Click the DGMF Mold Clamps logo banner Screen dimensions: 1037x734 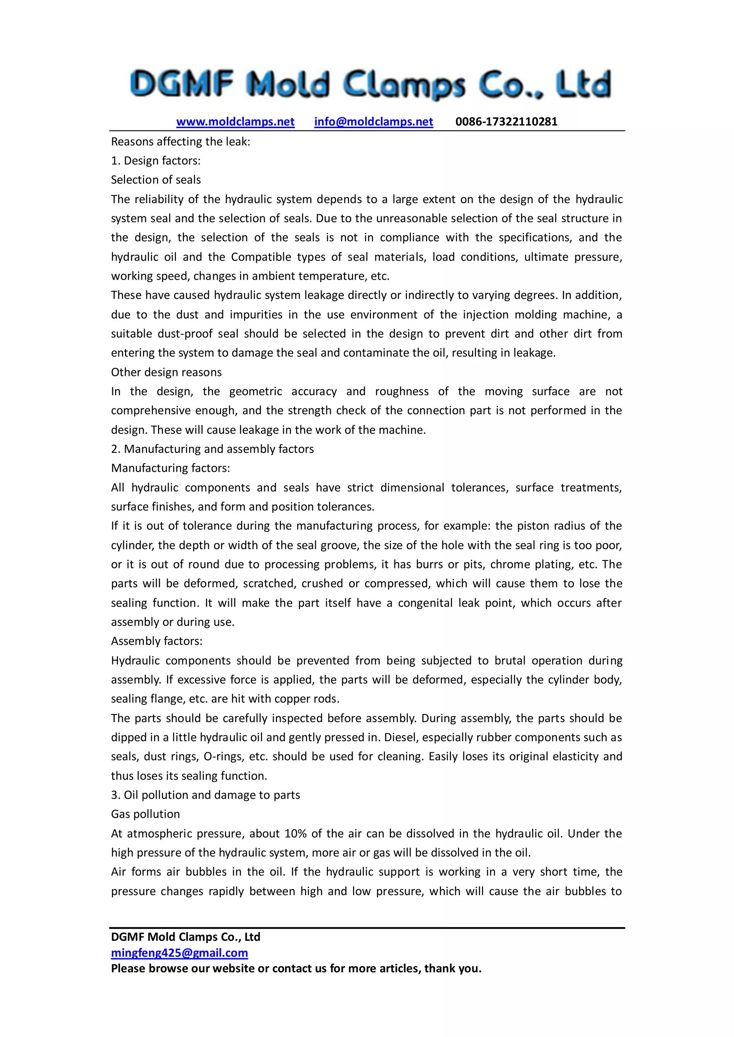coord(370,84)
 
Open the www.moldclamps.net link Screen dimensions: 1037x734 coord(235,121)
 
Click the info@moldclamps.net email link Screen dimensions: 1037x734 coord(373,121)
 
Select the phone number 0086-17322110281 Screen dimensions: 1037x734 coord(506,121)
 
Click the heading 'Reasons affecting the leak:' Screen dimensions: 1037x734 coord(180,142)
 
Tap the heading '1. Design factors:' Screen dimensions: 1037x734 coord(156,161)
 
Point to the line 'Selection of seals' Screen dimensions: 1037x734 coord(156,180)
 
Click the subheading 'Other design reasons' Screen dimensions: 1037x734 coord(166,372)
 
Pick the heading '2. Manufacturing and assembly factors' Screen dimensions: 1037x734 coord(213,449)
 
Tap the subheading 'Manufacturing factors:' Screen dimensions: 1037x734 coord(170,468)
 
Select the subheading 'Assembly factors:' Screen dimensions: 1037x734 coord(156,641)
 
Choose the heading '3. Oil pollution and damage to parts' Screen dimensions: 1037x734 coord(205,795)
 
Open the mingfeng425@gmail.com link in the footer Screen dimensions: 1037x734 coord(180,953)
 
